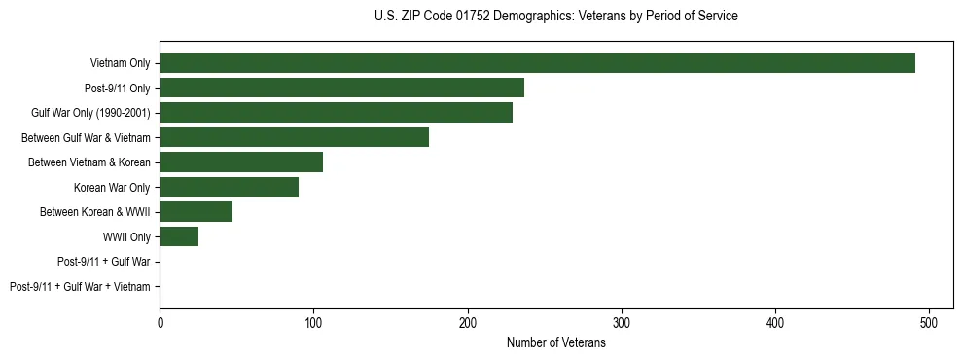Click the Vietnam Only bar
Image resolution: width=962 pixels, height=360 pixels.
[x=537, y=63]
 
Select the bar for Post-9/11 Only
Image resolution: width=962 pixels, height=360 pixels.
[x=341, y=88]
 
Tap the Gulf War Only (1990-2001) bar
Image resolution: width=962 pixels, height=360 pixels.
[x=336, y=112]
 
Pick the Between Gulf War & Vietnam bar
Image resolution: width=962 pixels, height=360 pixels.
[x=294, y=137]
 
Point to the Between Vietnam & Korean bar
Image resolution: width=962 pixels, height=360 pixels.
[x=241, y=162]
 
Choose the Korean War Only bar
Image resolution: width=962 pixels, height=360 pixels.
[x=229, y=187]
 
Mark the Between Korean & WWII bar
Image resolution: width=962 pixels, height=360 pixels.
[x=196, y=211]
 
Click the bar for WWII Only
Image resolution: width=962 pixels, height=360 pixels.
[x=179, y=236]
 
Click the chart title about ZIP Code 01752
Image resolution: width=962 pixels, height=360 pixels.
[x=555, y=16]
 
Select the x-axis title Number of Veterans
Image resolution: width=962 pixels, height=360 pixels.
[x=555, y=343]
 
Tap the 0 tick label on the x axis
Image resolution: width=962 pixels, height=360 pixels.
[x=160, y=322]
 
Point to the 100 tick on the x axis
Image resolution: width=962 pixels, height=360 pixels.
[x=313, y=322]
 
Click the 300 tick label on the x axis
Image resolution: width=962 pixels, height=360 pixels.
[x=622, y=322]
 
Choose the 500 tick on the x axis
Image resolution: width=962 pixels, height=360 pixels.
[x=929, y=322]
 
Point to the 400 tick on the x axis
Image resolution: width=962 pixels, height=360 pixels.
[x=775, y=322]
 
